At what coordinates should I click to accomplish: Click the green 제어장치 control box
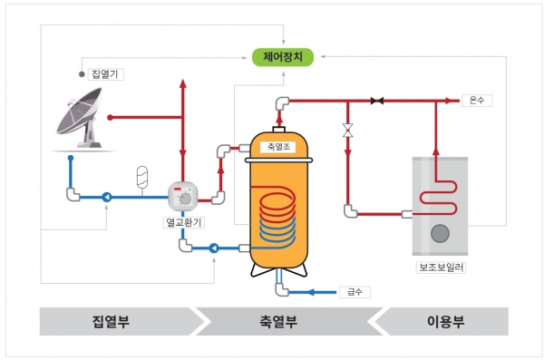[x=284, y=57]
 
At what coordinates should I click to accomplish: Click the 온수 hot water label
[x=476, y=100]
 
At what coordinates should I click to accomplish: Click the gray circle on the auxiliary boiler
[x=440, y=233]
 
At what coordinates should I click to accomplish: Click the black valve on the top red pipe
[x=377, y=100]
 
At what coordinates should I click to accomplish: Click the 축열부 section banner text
[x=279, y=322]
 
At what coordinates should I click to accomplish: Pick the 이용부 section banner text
[x=444, y=322]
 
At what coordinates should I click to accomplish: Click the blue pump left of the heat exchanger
[x=107, y=195]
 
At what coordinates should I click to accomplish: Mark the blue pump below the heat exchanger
[x=213, y=247]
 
